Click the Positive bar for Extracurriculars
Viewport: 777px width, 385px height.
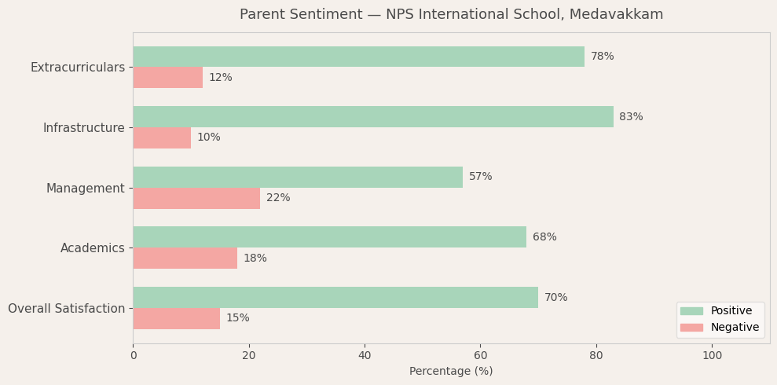(358, 57)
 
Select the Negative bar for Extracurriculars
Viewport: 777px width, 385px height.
(167, 78)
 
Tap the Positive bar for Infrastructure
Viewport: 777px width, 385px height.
(373, 116)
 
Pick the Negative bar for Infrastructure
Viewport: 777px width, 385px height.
(162, 137)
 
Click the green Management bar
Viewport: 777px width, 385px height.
(298, 177)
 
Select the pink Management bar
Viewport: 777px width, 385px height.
(196, 198)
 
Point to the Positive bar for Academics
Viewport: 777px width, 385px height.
(329, 237)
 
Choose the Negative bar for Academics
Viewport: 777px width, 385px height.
(185, 258)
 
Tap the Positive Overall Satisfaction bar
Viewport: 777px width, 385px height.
(335, 297)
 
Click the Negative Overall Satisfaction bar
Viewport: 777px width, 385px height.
(176, 318)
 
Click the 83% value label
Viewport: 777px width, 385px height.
(631, 117)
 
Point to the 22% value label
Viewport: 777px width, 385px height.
(278, 198)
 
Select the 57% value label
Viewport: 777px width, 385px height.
(481, 177)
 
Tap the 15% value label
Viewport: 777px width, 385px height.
(238, 318)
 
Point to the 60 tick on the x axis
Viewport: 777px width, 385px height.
(481, 356)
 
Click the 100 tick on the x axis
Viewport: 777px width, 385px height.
(712, 356)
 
